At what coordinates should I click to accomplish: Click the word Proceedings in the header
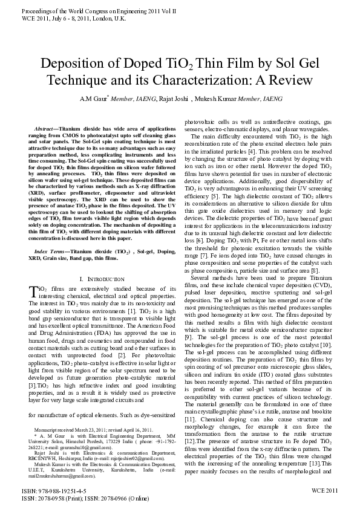click(28, 11)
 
